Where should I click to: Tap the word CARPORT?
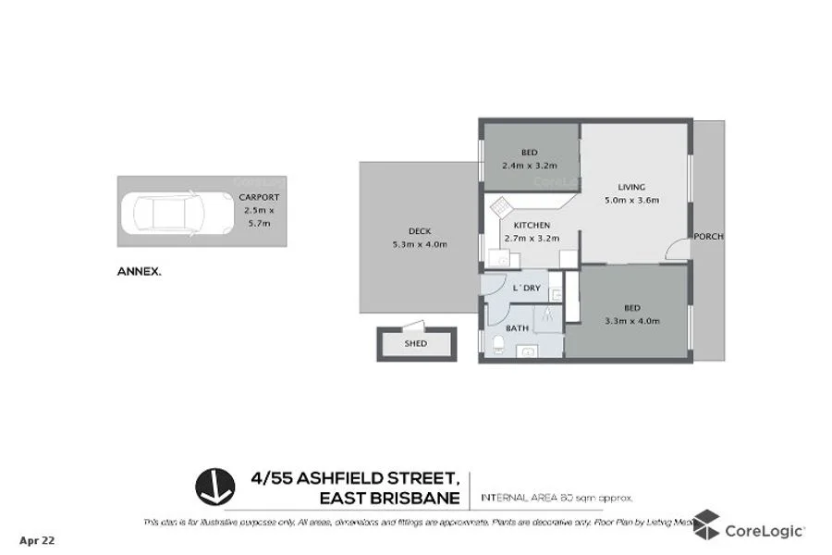(x=259, y=198)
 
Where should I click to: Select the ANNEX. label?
(x=139, y=272)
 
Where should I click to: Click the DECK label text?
(x=419, y=231)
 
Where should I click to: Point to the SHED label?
(x=416, y=343)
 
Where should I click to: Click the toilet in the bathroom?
(x=498, y=346)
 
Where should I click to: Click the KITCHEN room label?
(x=532, y=225)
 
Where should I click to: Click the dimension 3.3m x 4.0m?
(x=632, y=321)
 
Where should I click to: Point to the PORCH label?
(x=709, y=236)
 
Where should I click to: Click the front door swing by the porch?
(x=679, y=249)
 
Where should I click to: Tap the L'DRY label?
(x=525, y=289)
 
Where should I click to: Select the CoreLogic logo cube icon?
(x=705, y=524)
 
